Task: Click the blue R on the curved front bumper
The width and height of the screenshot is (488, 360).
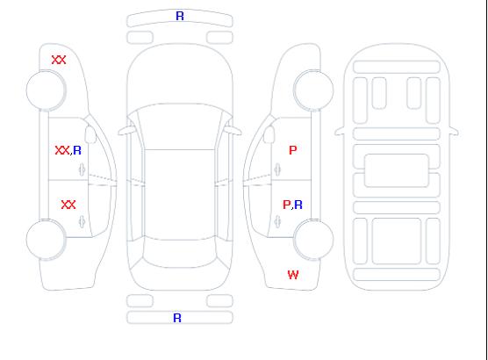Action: click(x=180, y=16)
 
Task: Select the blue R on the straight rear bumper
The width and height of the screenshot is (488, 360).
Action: click(x=177, y=318)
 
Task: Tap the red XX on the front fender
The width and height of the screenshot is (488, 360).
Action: click(x=59, y=60)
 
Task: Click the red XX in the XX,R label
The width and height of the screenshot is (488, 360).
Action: click(x=62, y=150)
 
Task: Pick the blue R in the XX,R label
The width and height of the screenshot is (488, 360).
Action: click(x=77, y=150)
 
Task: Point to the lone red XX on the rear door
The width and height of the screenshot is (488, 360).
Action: click(x=68, y=205)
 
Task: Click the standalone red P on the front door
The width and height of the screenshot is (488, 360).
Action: click(x=293, y=150)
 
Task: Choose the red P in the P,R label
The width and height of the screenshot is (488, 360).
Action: click(x=286, y=205)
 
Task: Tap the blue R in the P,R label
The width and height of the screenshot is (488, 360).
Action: click(x=298, y=205)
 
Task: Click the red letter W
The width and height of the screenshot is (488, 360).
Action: click(x=293, y=275)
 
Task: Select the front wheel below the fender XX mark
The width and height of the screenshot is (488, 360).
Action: click(x=46, y=90)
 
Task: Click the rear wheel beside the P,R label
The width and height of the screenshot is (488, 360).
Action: click(x=313, y=239)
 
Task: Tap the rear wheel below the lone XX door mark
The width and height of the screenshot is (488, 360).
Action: click(x=46, y=240)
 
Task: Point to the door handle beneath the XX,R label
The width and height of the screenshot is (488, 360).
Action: click(x=83, y=169)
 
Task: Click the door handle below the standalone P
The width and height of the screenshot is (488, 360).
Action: click(x=277, y=169)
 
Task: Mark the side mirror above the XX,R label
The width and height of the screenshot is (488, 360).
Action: click(x=90, y=134)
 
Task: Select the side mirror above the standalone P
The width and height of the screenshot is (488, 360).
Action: click(x=269, y=134)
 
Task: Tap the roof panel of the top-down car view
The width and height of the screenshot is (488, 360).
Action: click(x=180, y=195)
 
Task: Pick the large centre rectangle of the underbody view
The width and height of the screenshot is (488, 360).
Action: click(x=397, y=170)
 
